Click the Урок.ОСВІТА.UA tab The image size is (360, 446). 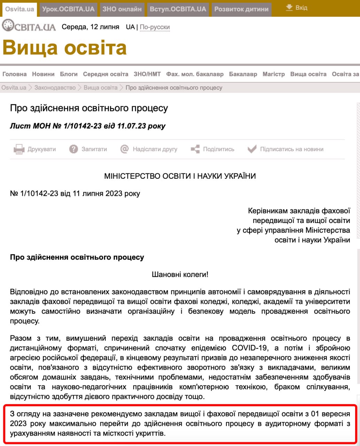tap(68, 9)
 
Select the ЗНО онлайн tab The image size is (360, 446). tap(122, 9)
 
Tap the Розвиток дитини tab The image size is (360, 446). tap(241, 9)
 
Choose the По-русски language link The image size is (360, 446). tap(155, 27)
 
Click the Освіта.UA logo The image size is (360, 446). tap(29, 26)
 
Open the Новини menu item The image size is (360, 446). tap(43, 74)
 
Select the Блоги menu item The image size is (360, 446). tap(69, 74)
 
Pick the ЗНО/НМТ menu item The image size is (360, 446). tap(147, 74)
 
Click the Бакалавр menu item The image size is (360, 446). tap(243, 74)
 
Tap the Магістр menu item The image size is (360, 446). tap(274, 74)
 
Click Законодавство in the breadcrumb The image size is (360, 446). tap(55, 87)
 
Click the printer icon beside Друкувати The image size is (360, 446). tap(18, 149)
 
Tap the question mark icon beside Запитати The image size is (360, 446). tap(73, 149)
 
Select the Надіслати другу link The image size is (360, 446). tap(155, 149)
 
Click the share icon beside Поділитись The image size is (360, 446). tap(195, 149)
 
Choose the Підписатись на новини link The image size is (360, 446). tap(292, 149)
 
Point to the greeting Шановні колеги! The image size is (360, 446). tap(180, 275)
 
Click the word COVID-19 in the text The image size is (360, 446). tap(250, 348)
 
